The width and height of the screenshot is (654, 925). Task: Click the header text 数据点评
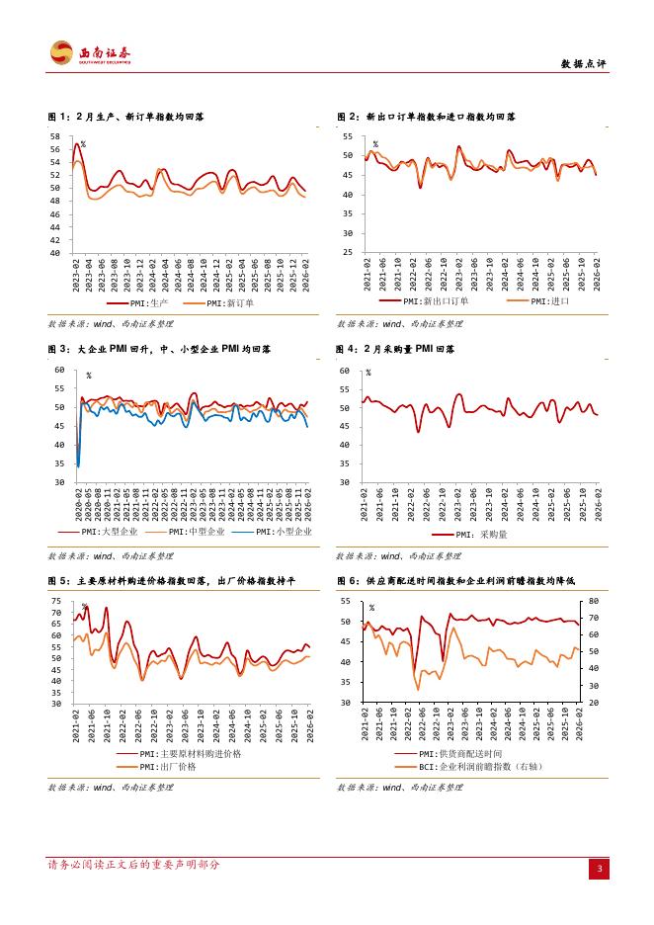pos(583,63)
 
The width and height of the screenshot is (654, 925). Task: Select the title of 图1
pos(126,117)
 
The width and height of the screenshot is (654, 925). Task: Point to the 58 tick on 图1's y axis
pos(55,136)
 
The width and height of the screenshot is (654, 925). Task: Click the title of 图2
pos(425,117)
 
